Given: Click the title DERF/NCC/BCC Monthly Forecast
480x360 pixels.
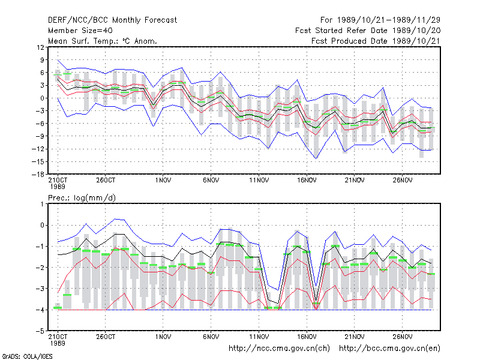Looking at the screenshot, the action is (112, 20).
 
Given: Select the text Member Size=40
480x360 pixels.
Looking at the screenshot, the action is (80, 31).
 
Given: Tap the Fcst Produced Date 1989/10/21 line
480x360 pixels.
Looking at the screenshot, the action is (376, 41).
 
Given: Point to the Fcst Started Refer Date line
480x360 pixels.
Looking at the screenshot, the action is (368, 31).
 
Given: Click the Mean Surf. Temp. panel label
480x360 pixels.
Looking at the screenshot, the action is (102, 41).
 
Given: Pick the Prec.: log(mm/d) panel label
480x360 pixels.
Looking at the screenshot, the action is (82, 198).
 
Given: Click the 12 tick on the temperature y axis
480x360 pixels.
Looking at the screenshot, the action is (40, 47).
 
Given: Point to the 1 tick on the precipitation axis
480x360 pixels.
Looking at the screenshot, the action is (42, 204).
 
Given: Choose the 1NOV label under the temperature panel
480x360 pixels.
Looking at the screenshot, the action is (163, 180).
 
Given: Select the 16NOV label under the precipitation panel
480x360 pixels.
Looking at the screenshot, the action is (307, 337).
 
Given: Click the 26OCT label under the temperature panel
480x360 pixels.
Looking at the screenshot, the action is (106, 180).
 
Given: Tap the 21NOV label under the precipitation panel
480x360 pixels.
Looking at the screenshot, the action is (355, 337).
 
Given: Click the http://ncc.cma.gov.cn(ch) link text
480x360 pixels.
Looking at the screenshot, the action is (279, 349).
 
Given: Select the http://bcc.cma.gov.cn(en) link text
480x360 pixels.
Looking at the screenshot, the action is (389, 349).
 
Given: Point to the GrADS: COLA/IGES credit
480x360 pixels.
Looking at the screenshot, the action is (27, 356).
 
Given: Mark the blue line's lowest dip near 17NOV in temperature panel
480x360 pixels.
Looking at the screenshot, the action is (316, 158).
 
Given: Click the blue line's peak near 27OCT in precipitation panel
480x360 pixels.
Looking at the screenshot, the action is (115, 218).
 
